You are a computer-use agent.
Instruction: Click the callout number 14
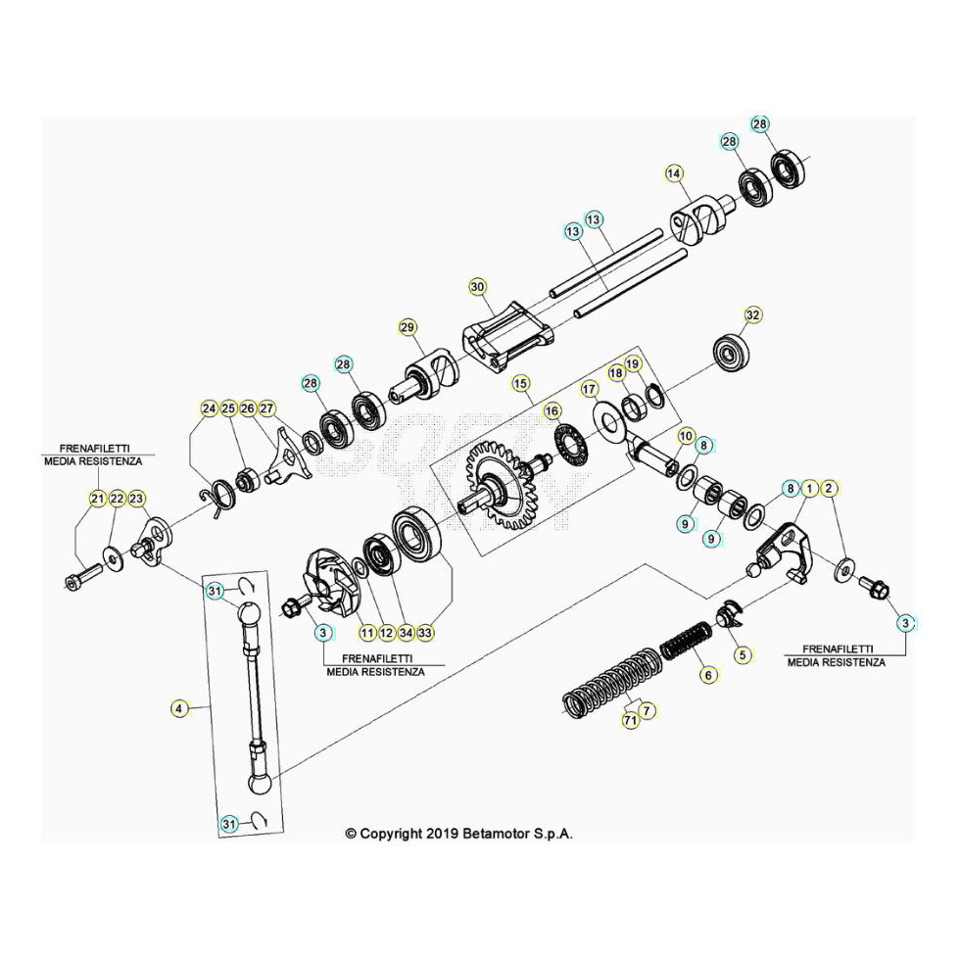(x=673, y=173)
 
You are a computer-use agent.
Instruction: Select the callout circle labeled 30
(x=477, y=287)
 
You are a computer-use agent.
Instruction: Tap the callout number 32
(x=752, y=315)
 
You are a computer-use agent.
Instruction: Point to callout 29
(x=408, y=326)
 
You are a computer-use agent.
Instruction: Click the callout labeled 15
(x=519, y=382)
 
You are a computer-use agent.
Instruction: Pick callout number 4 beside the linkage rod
(x=178, y=706)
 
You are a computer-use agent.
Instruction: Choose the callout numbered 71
(x=631, y=721)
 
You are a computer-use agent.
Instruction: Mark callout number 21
(x=97, y=499)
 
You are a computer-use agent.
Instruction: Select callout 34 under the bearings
(x=406, y=632)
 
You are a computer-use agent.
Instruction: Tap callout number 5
(x=742, y=653)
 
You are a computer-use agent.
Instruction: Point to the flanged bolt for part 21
(x=79, y=577)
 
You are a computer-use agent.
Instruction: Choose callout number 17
(x=589, y=389)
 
